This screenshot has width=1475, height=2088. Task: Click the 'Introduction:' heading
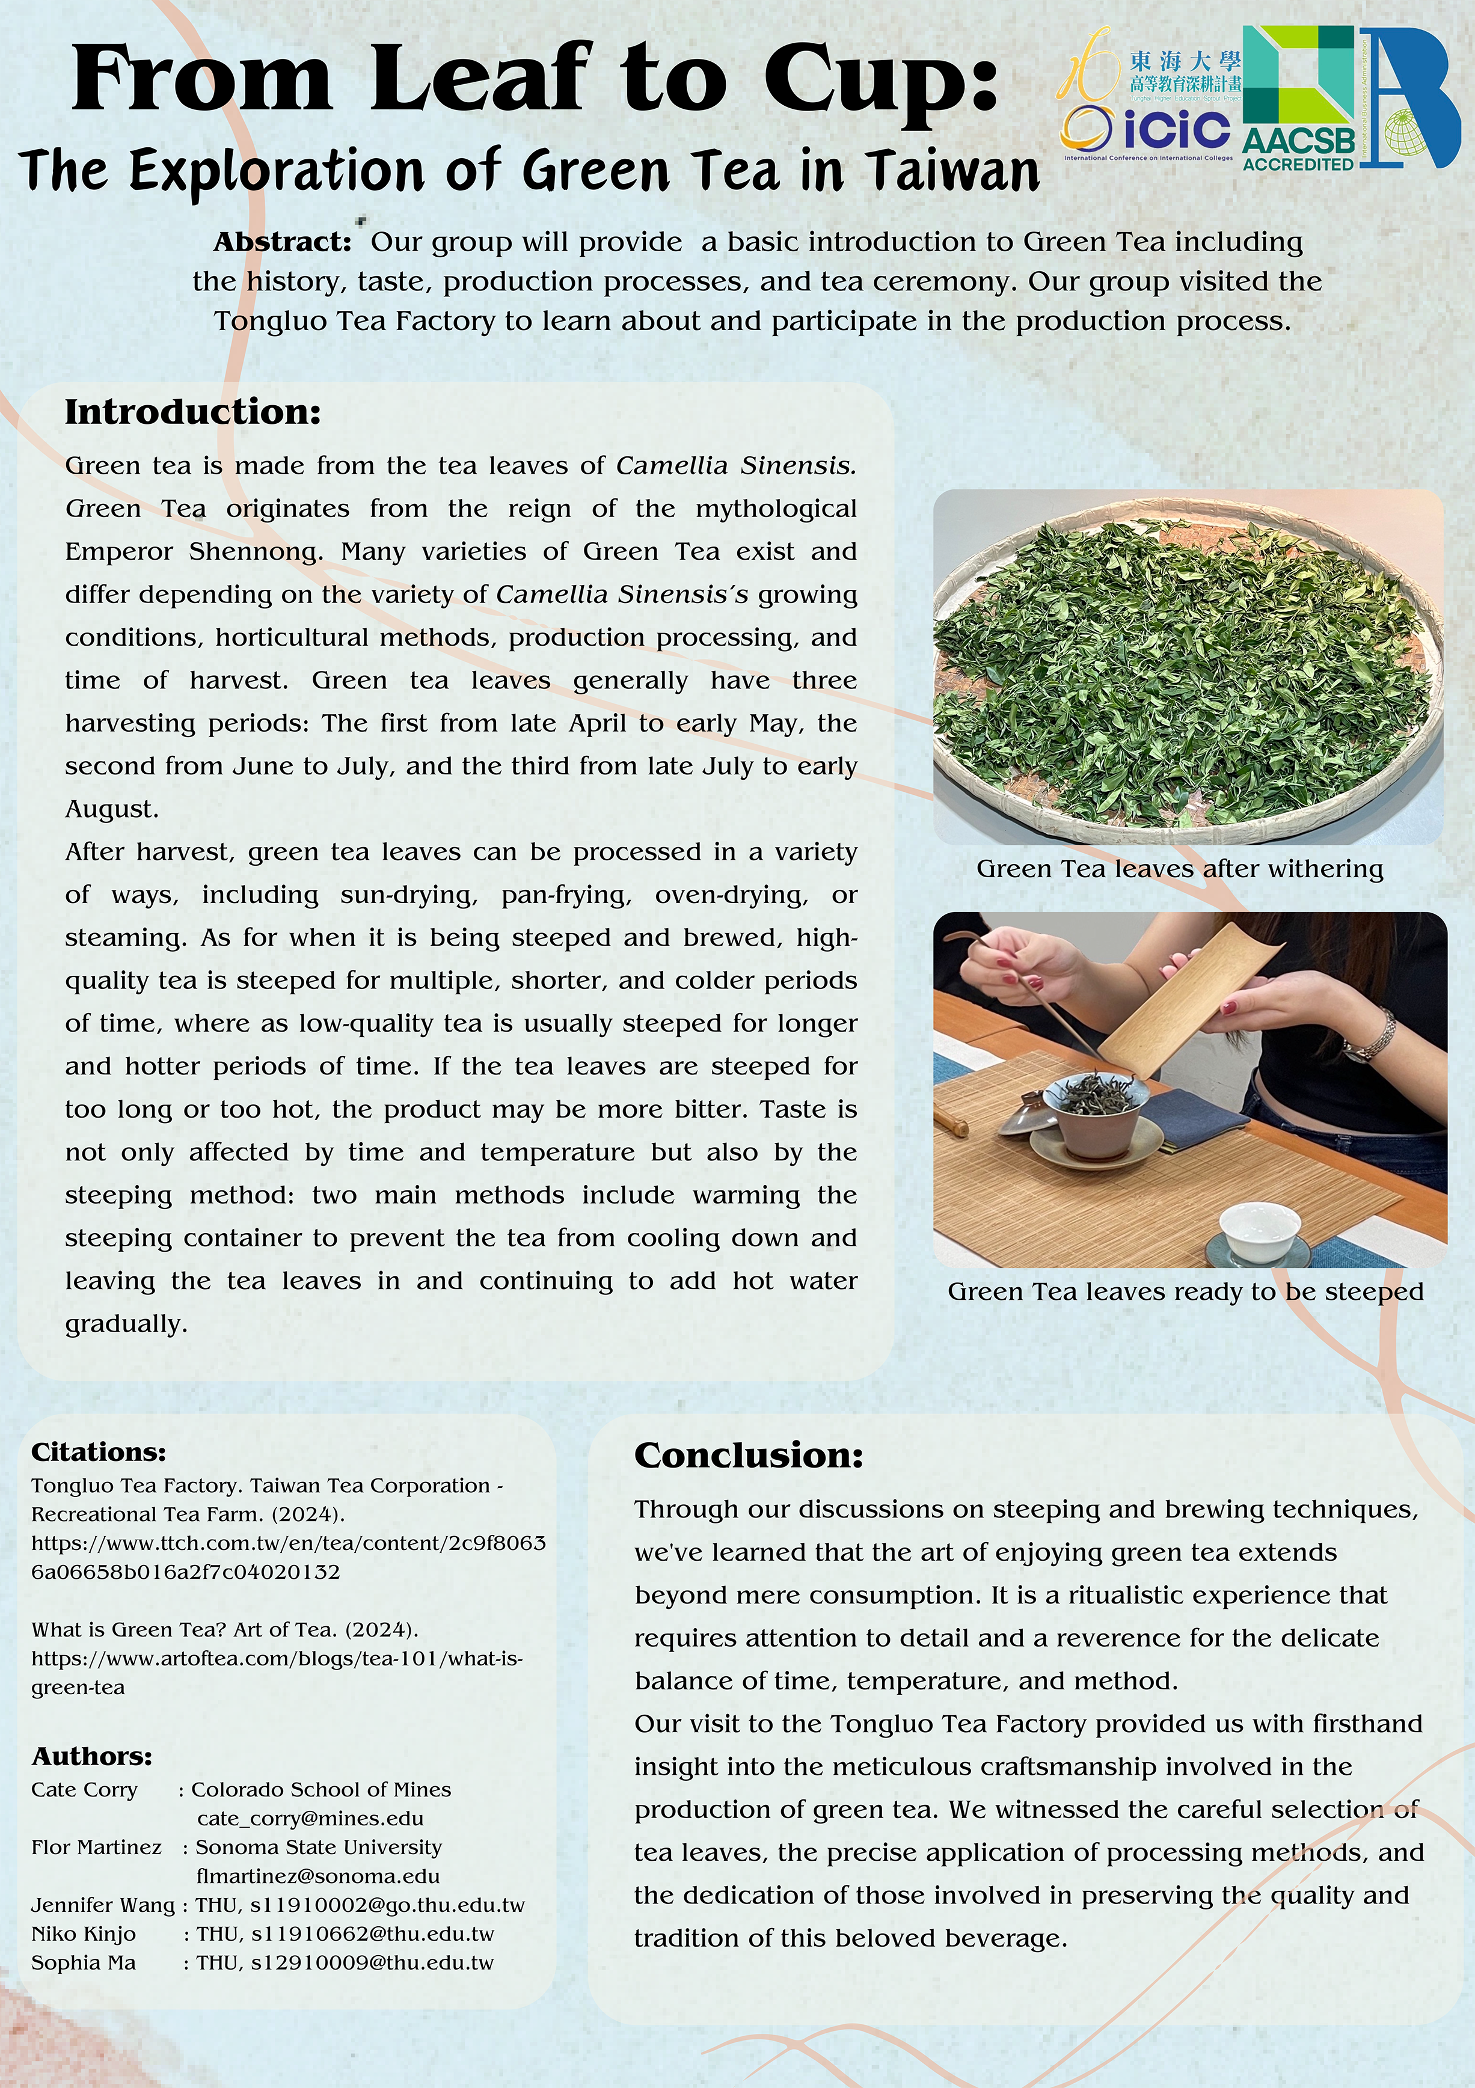point(193,412)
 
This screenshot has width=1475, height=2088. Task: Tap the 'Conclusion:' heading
point(747,1455)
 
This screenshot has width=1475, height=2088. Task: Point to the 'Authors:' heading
point(92,1755)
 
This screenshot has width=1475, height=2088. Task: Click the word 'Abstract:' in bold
point(282,243)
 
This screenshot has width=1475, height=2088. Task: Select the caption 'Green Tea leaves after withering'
point(1179,869)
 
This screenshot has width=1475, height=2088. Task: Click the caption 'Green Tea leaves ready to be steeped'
point(1185,1291)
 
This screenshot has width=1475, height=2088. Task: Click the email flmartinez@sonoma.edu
point(317,1876)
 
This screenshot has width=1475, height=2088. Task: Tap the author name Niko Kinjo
point(83,1933)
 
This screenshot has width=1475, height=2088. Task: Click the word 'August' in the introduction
point(110,809)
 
